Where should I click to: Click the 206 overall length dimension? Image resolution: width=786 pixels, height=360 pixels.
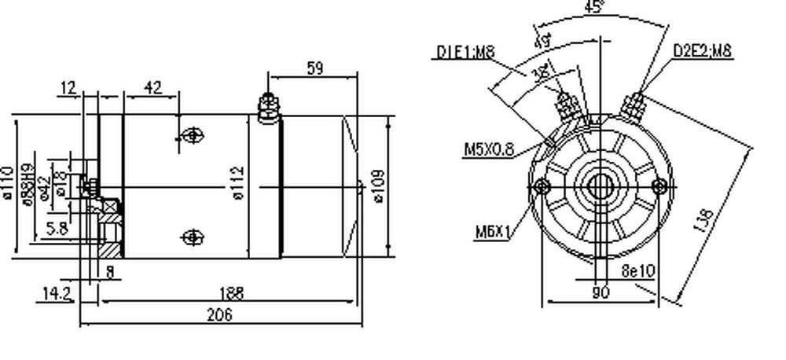tap(219, 315)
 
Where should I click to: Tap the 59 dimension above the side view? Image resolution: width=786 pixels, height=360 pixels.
tap(314, 68)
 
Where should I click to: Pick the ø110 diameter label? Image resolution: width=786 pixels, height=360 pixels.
tap(9, 182)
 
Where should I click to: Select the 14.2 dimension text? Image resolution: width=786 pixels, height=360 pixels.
tap(57, 294)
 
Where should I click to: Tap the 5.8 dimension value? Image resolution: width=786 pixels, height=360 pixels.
tap(57, 229)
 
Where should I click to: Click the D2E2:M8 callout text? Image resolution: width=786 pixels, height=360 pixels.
tap(702, 53)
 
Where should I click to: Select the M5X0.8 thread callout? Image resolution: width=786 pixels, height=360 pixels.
tap(489, 149)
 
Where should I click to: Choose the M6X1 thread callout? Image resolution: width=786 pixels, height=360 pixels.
tap(493, 232)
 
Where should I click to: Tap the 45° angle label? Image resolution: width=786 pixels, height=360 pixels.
tap(595, 8)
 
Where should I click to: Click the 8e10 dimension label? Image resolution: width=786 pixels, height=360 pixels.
tap(637, 272)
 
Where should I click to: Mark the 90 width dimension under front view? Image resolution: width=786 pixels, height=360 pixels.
tap(601, 292)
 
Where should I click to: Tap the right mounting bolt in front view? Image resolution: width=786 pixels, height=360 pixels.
tap(660, 186)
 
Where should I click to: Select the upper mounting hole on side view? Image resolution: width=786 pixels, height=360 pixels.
tap(192, 137)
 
